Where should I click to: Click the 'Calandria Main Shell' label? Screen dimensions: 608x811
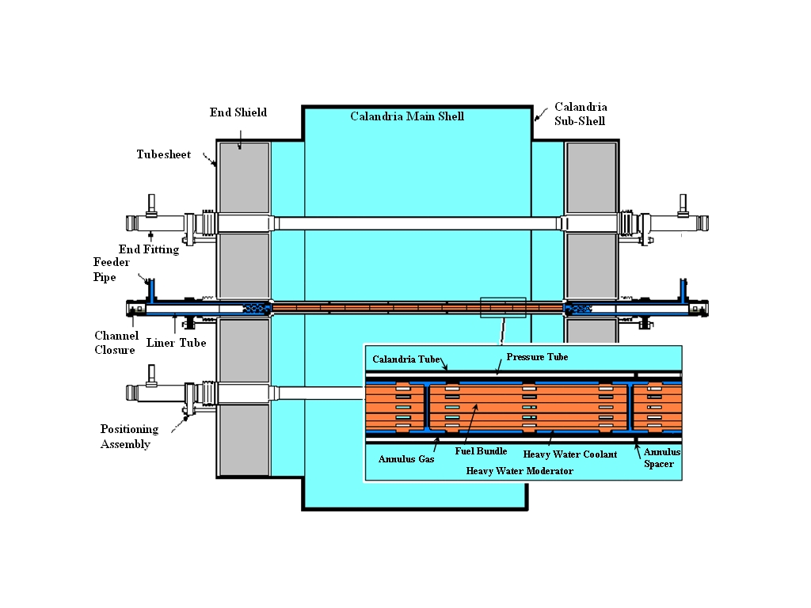click(x=407, y=116)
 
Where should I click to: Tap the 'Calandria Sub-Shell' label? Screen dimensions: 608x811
click(x=580, y=113)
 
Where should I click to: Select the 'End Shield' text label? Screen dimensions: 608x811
click(x=238, y=112)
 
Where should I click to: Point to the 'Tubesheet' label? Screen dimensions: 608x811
click(x=163, y=154)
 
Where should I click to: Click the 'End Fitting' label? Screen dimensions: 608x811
click(x=149, y=249)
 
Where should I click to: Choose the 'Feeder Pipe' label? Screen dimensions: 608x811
click(x=105, y=269)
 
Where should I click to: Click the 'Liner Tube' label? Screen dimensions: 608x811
click(x=176, y=343)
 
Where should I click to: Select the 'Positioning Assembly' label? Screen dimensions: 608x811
click(x=129, y=436)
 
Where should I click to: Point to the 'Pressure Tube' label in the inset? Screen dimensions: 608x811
click(x=537, y=357)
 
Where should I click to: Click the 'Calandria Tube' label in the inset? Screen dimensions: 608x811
click(x=405, y=359)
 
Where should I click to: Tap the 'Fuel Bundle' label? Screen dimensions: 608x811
click(x=481, y=451)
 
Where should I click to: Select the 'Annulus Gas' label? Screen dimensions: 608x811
click(x=405, y=458)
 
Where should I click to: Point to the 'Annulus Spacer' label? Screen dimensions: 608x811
click(x=661, y=458)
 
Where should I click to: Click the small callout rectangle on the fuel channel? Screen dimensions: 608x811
click(x=503, y=307)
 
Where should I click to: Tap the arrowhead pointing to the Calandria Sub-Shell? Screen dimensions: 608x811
click(x=535, y=120)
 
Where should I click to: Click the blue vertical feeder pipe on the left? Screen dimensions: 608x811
click(x=151, y=290)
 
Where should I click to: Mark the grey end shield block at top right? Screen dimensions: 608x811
click(x=591, y=177)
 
